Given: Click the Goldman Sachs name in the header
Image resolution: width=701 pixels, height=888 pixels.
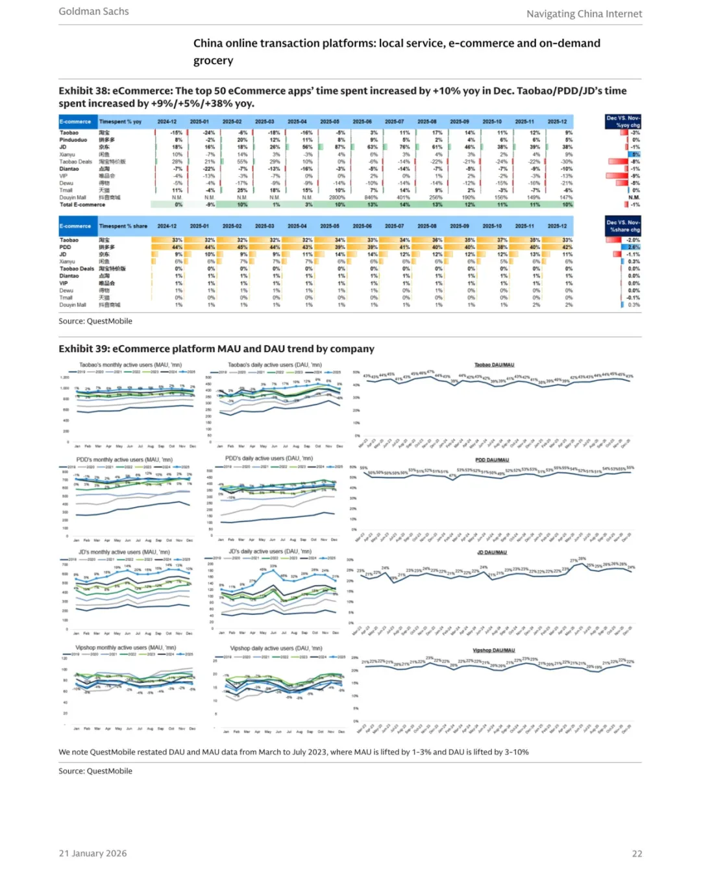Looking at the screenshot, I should (x=93, y=12).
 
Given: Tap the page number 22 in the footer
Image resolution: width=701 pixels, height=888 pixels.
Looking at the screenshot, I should (x=637, y=854).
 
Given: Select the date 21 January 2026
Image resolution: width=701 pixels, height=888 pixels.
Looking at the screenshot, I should (x=93, y=854).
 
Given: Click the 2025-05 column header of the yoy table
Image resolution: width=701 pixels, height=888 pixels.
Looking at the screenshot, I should (x=329, y=121).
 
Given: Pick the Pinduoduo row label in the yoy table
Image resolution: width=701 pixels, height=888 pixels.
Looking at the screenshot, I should (x=73, y=140).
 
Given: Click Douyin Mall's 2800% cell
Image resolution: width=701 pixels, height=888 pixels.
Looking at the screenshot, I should (x=337, y=197).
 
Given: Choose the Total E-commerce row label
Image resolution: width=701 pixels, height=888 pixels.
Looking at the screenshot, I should (x=82, y=204).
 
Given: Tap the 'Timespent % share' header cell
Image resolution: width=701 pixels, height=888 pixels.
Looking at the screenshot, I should (x=123, y=226).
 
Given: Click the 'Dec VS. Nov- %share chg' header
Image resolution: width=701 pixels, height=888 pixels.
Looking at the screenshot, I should (x=623, y=226).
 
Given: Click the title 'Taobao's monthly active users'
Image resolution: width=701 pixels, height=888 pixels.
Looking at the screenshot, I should (x=130, y=365).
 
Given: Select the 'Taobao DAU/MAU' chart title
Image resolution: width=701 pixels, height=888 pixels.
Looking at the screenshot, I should (x=494, y=365).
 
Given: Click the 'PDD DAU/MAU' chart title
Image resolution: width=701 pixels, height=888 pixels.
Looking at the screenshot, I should (x=492, y=460).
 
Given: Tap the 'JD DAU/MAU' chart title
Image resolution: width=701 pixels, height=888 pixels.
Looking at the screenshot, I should (x=492, y=553).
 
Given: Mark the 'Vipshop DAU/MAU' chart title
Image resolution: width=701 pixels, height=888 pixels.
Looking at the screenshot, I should (x=493, y=650).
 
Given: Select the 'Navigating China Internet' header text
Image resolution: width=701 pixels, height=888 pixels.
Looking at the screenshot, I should (x=584, y=14).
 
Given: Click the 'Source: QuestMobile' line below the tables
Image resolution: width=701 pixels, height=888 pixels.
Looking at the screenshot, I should (x=95, y=321).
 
